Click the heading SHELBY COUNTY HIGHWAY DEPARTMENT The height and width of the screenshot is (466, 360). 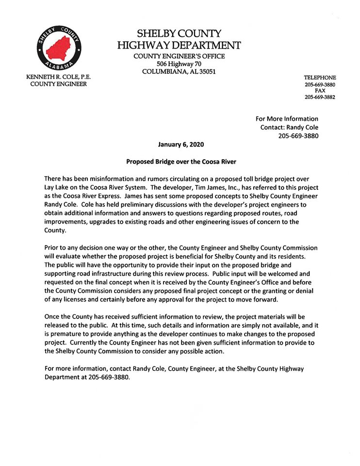[179, 40]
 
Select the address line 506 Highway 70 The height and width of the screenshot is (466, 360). [179, 64]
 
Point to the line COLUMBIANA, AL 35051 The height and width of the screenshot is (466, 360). [179, 72]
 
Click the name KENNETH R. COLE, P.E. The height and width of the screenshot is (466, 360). [60, 77]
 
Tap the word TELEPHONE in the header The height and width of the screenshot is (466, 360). [320, 78]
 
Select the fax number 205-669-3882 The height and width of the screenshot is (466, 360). [320, 97]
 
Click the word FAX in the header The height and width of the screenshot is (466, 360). [320, 91]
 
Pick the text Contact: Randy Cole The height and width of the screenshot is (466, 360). [289, 127]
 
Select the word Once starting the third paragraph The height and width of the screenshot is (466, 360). [53, 316]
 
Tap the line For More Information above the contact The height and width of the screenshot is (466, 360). [287, 118]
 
